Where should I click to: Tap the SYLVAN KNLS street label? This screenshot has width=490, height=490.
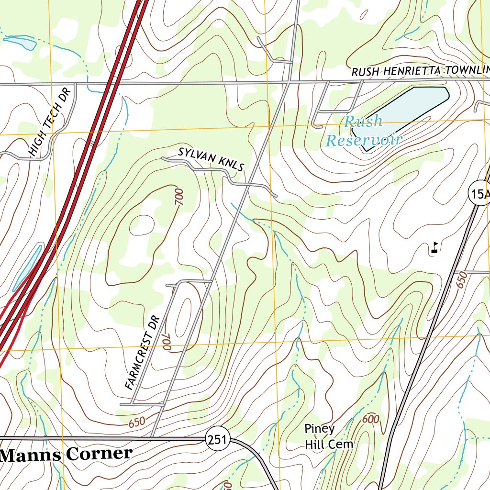pos(211,159)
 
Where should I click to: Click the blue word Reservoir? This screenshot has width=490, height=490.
pos(363,140)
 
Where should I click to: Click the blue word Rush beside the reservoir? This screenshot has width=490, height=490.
pos(364,122)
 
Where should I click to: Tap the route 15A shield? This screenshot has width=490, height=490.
pos(479,193)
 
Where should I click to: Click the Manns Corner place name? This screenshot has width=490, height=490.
pos(66,454)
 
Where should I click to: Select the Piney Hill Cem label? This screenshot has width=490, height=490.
pos(328,436)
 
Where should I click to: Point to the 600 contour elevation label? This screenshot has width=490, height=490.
pos(370,419)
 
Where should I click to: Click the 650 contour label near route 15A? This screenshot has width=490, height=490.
pos(461,279)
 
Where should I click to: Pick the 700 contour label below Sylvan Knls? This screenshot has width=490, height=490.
pos(179,197)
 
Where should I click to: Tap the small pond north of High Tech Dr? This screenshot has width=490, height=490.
pos(20,43)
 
